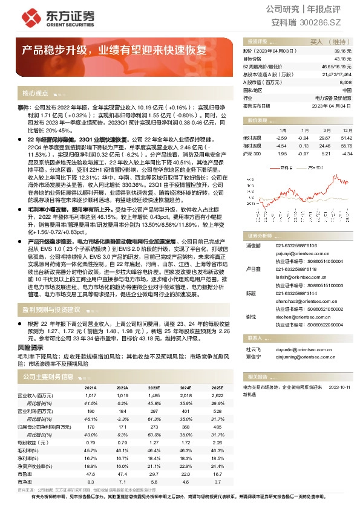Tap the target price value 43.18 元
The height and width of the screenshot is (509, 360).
point(343,59)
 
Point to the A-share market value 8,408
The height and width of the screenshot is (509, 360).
point(345,82)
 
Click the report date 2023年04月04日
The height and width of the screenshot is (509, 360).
point(332,105)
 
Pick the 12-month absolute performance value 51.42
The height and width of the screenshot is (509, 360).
point(347,138)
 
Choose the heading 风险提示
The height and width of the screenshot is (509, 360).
point(31,348)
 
